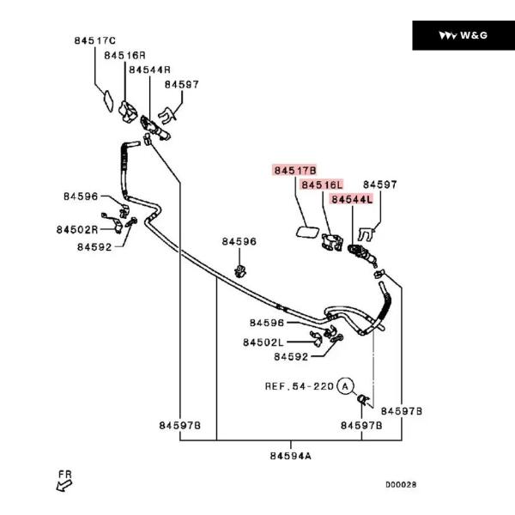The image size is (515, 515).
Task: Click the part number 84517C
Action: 94,40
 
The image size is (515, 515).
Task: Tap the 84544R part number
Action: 150,70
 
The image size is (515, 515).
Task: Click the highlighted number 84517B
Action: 296,171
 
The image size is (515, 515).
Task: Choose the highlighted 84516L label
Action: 322,185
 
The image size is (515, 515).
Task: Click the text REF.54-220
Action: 298,386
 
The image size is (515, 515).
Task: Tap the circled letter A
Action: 345,386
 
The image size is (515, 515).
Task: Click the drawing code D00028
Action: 400,484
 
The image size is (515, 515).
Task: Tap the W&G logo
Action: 463,35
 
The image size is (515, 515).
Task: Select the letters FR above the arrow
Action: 64,473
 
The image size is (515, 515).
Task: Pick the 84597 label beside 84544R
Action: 182,85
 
